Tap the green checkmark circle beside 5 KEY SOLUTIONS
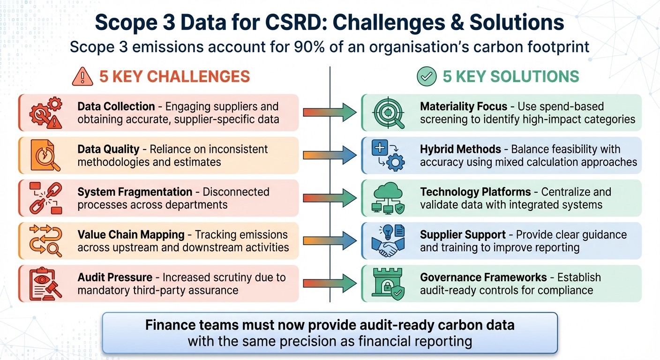pyautogui.click(x=426, y=76)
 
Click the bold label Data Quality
pyautogui.click(x=108, y=150)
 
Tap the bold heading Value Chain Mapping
pyautogui.click(x=131, y=234)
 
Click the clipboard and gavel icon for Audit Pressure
pyautogui.click(x=45, y=284)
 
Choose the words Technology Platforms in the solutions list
pyautogui.click(x=475, y=192)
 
